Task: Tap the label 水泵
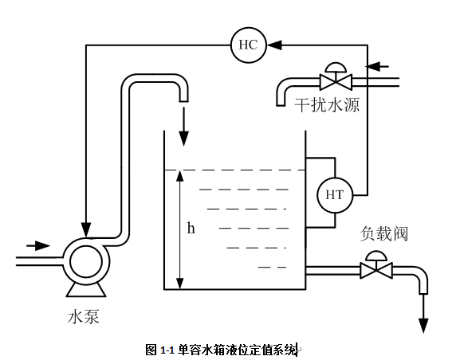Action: tap(84, 317)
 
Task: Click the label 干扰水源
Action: tap(327, 104)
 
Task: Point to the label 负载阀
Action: tap(384, 233)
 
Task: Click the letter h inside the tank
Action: tap(191, 228)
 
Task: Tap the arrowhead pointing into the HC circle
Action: tap(274, 45)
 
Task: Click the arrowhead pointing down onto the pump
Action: tap(86, 229)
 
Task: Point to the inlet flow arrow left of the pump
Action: tap(38, 245)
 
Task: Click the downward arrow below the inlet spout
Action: tap(184, 127)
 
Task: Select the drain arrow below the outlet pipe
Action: tap(423, 314)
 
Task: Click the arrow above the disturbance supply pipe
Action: tap(377, 67)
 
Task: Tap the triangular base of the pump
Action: tap(86, 290)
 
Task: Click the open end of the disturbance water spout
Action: tap(281, 105)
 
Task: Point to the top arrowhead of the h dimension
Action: tap(180, 176)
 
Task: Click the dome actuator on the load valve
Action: tap(376, 256)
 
